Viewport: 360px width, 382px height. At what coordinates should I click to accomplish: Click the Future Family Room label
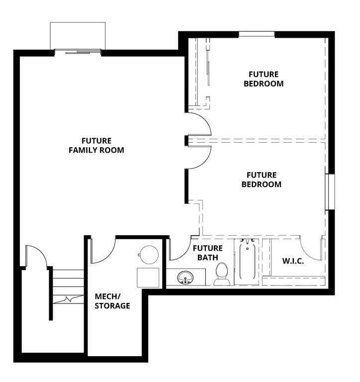(x=96, y=145)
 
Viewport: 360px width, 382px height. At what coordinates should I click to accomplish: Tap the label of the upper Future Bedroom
(x=264, y=79)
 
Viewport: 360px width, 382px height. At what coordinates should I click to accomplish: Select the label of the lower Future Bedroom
(x=261, y=180)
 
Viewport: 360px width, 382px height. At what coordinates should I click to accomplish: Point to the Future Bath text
(x=207, y=253)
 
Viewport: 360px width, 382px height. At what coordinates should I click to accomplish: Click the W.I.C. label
(x=293, y=261)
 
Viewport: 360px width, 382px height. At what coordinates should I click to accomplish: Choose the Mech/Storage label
(x=112, y=301)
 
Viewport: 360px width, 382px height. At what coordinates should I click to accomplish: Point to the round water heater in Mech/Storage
(x=148, y=255)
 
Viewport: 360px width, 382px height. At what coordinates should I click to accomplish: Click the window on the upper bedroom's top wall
(x=257, y=34)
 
